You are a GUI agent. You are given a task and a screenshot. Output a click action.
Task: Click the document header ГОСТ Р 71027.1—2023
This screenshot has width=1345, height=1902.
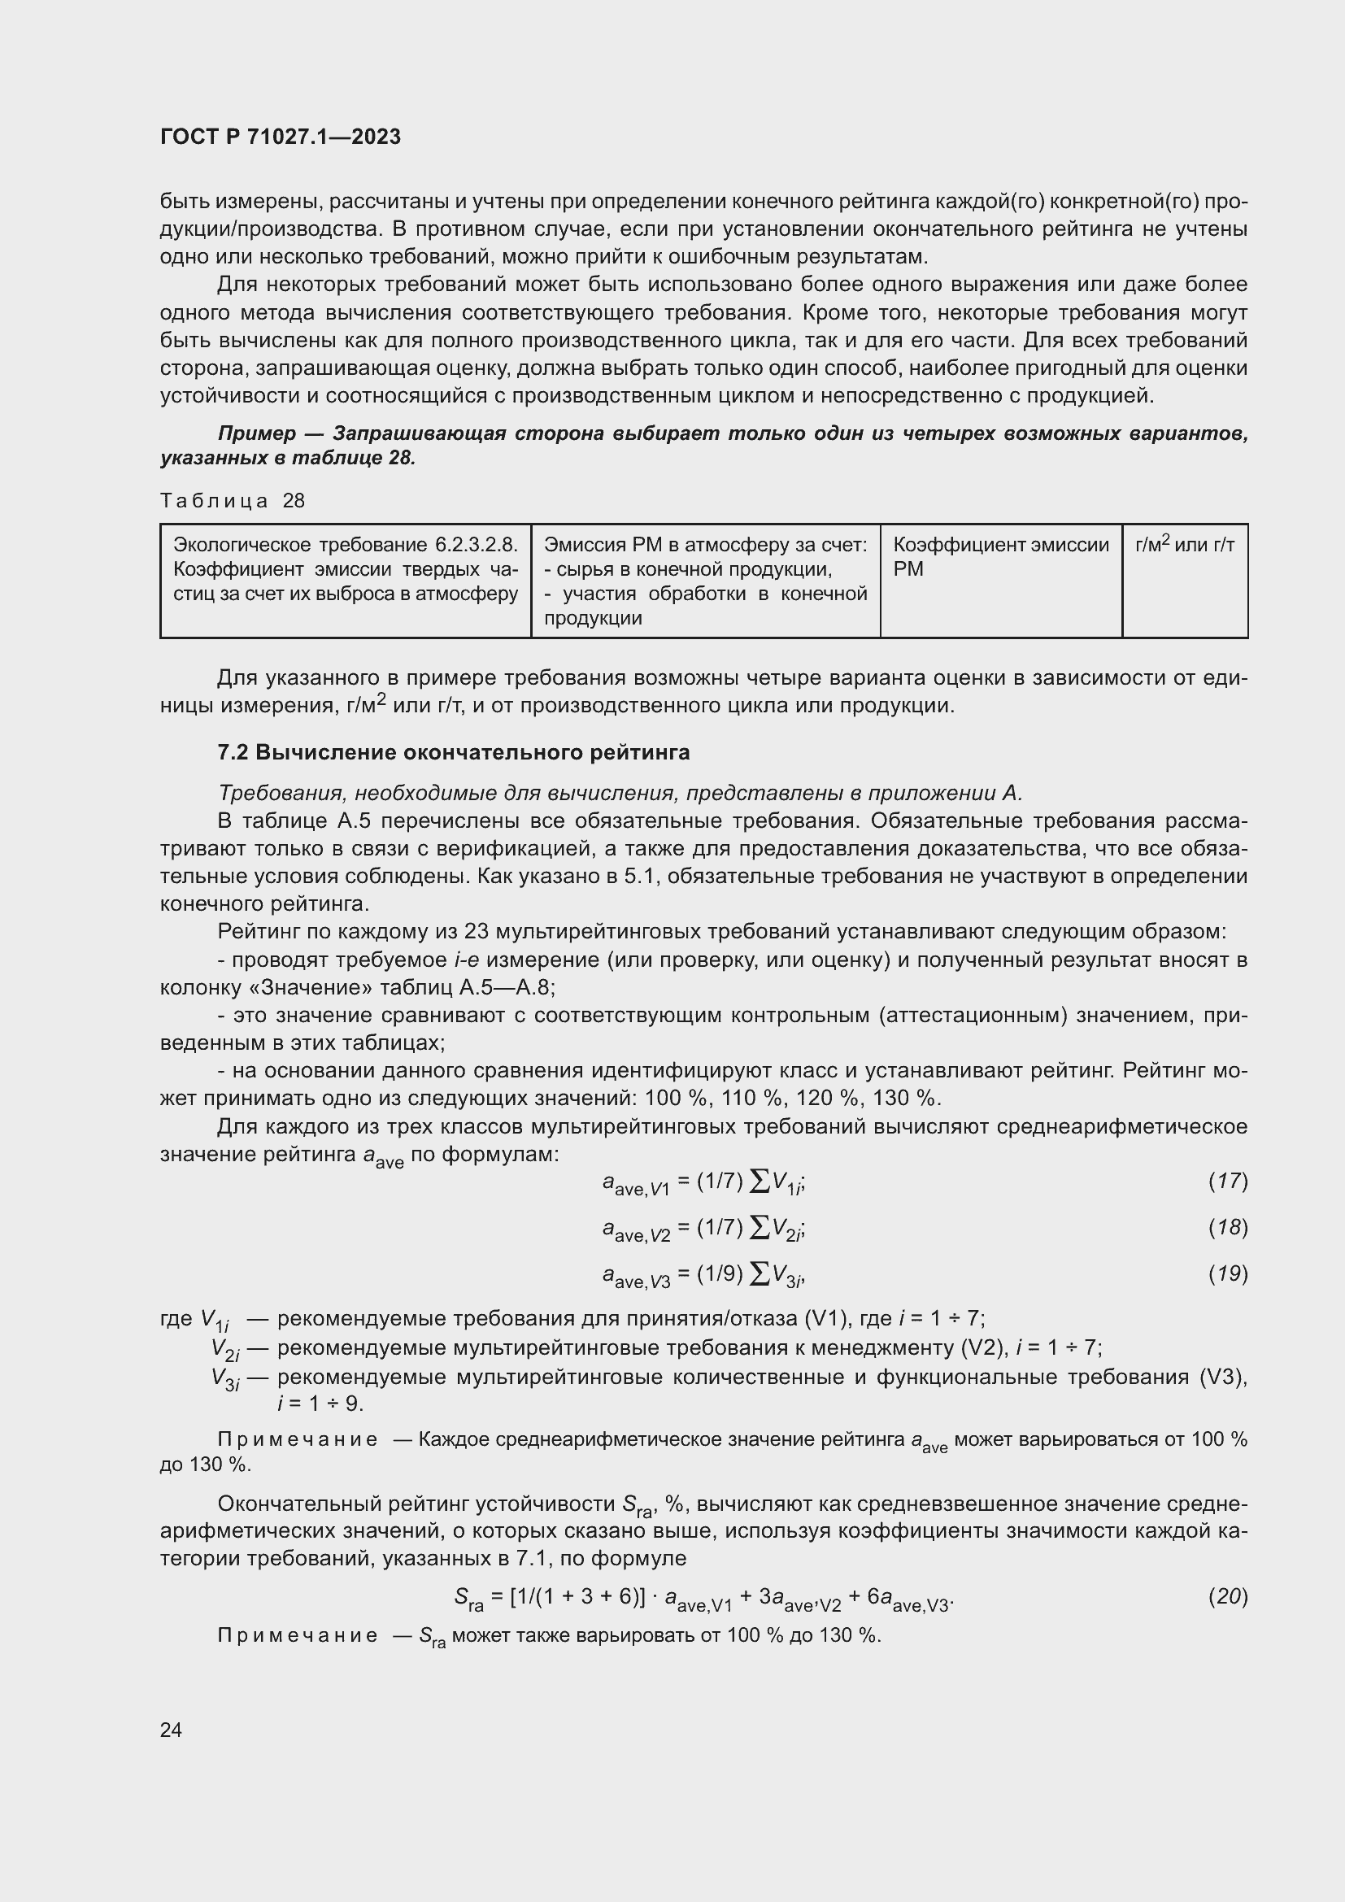coord(280,137)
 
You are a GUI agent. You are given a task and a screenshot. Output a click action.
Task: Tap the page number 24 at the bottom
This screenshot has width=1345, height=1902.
coord(171,1730)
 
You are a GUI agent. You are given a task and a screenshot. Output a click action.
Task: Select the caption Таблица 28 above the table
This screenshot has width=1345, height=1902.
coord(232,500)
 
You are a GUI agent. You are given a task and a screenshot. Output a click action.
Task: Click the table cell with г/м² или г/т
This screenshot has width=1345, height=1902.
coord(1184,545)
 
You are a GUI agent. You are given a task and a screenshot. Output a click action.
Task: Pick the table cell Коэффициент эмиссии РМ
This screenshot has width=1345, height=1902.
coord(999,557)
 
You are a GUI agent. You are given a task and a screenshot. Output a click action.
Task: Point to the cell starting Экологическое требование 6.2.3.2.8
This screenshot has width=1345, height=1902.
coord(346,569)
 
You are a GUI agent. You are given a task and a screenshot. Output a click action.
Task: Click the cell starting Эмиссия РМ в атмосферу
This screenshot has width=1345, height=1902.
coord(705,581)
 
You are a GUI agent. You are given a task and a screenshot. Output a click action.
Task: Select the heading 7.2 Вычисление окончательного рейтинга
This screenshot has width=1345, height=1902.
coord(453,752)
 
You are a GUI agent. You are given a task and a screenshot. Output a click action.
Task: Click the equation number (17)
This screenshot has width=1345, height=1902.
coord(1227,1181)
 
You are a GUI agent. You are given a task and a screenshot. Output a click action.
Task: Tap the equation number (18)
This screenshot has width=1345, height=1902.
coord(1227,1227)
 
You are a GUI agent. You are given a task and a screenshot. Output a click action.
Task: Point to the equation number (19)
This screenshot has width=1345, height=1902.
coord(1227,1273)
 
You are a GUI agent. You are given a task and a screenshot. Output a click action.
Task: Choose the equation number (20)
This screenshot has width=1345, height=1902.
coord(1227,1595)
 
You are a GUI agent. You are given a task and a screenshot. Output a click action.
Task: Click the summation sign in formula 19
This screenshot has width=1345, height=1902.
coord(758,1275)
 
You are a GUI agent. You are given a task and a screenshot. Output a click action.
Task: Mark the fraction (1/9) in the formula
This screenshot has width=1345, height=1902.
coord(720,1274)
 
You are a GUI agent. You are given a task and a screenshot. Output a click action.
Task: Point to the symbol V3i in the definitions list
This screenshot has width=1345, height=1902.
coord(225,1379)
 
